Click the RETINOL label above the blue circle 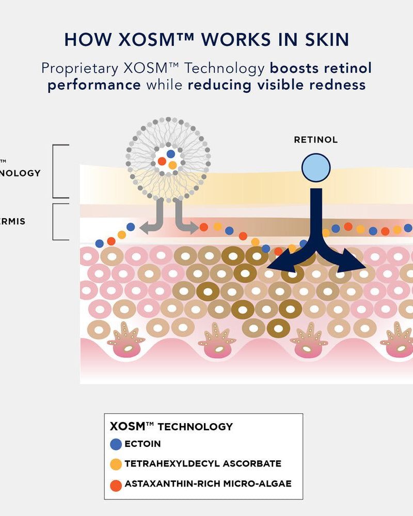pyautogui.click(x=315, y=140)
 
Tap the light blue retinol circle pyautogui.click(x=315, y=168)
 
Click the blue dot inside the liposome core pyautogui.click(x=171, y=154)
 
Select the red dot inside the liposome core pyautogui.click(x=162, y=162)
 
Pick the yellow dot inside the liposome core pyautogui.click(x=173, y=165)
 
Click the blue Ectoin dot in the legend pyautogui.click(x=116, y=444)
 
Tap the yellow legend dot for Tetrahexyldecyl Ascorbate pyautogui.click(x=116, y=464)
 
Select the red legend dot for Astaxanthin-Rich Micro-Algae pyautogui.click(x=116, y=484)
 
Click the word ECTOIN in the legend pyautogui.click(x=142, y=444)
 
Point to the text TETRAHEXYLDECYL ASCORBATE pyautogui.click(x=203, y=464)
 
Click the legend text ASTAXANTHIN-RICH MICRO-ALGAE pyautogui.click(x=208, y=484)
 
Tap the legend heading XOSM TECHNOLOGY pyautogui.click(x=171, y=427)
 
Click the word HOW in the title pyautogui.click(x=83, y=40)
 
